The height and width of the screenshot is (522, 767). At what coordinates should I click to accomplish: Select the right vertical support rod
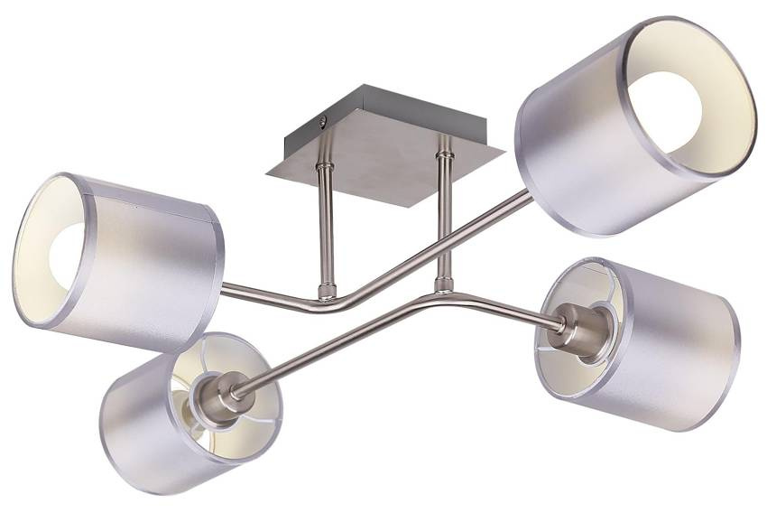coord(443,217)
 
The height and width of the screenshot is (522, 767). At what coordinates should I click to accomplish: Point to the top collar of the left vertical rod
coord(324,171)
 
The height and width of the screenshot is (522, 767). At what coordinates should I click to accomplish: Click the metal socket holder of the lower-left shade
coord(217,395)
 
